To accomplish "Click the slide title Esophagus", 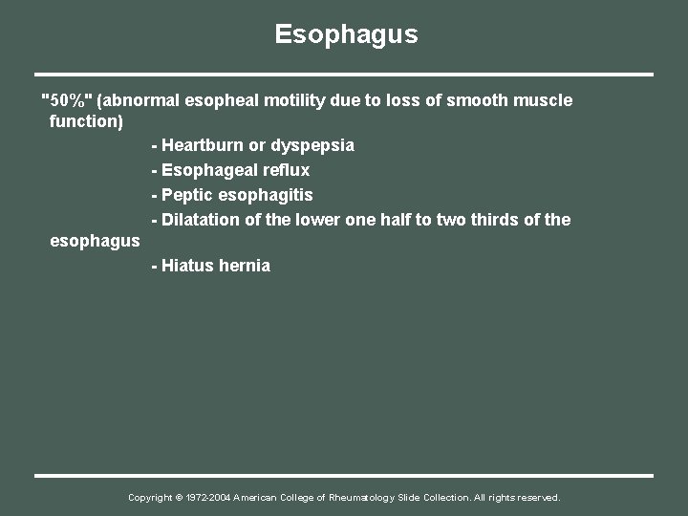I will click(346, 34).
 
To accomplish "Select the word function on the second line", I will click(83, 122).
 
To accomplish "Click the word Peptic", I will click(187, 195).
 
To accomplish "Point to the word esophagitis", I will click(266, 195).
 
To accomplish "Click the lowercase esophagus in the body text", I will click(95, 242).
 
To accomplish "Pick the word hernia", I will click(245, 266).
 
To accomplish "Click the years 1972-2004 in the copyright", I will click(208, 498).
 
